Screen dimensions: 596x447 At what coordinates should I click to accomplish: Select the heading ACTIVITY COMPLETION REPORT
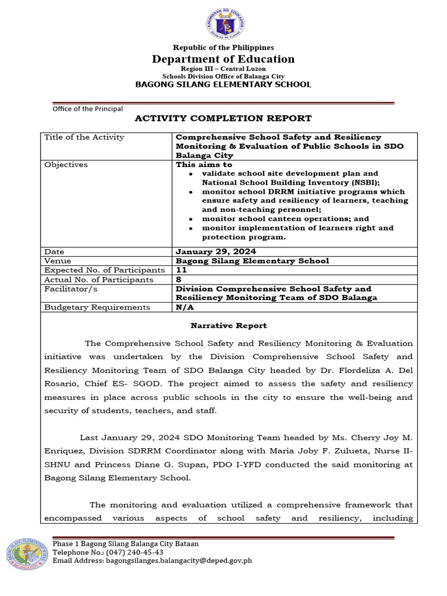[x=223, y=118]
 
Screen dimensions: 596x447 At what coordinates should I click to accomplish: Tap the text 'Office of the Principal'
[x=87, y=108]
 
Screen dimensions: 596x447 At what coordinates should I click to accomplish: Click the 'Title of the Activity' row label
[x=84, y=137]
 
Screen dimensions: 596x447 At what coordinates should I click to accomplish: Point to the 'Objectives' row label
[x=66, y=165]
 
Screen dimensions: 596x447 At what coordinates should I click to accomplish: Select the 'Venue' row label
[x=58, y=261]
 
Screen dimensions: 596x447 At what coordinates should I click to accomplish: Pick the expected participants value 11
[x=181, y=271]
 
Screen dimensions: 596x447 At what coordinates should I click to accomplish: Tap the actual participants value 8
[x=179, y=280]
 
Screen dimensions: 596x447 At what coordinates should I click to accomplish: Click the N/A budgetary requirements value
[x=184, y=307]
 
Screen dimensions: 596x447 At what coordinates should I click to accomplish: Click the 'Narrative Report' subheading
[x=229, y=326]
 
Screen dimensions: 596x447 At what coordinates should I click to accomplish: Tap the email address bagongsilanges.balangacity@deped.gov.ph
[x=152, y=560]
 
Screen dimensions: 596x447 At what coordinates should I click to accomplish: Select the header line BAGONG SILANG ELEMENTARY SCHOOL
[x=223, y=84]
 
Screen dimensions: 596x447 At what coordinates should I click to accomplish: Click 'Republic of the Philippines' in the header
[x=223, y=47]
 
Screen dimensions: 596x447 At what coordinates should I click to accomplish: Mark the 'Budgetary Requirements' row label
[x=97, y=307]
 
